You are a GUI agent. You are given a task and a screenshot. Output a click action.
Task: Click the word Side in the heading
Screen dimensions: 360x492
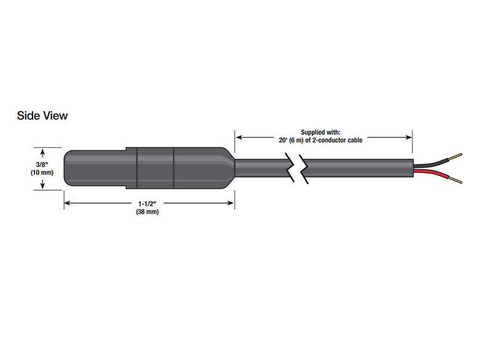(x=29, y=116)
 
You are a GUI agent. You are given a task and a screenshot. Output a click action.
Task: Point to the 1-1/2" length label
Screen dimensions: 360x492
(x=148, y=204)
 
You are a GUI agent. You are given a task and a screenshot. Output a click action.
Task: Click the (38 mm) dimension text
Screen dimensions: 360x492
(x=148, y=212)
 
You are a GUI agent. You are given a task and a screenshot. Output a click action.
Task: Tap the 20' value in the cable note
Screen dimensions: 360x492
(x=284, y=140)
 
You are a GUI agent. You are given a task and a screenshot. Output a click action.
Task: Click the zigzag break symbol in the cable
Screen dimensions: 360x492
(x=296, y=167)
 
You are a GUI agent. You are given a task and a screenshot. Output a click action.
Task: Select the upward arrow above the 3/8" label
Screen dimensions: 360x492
(x=42, y=151)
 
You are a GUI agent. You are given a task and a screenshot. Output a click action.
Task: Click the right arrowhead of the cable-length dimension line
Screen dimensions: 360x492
(x=409, y=138)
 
